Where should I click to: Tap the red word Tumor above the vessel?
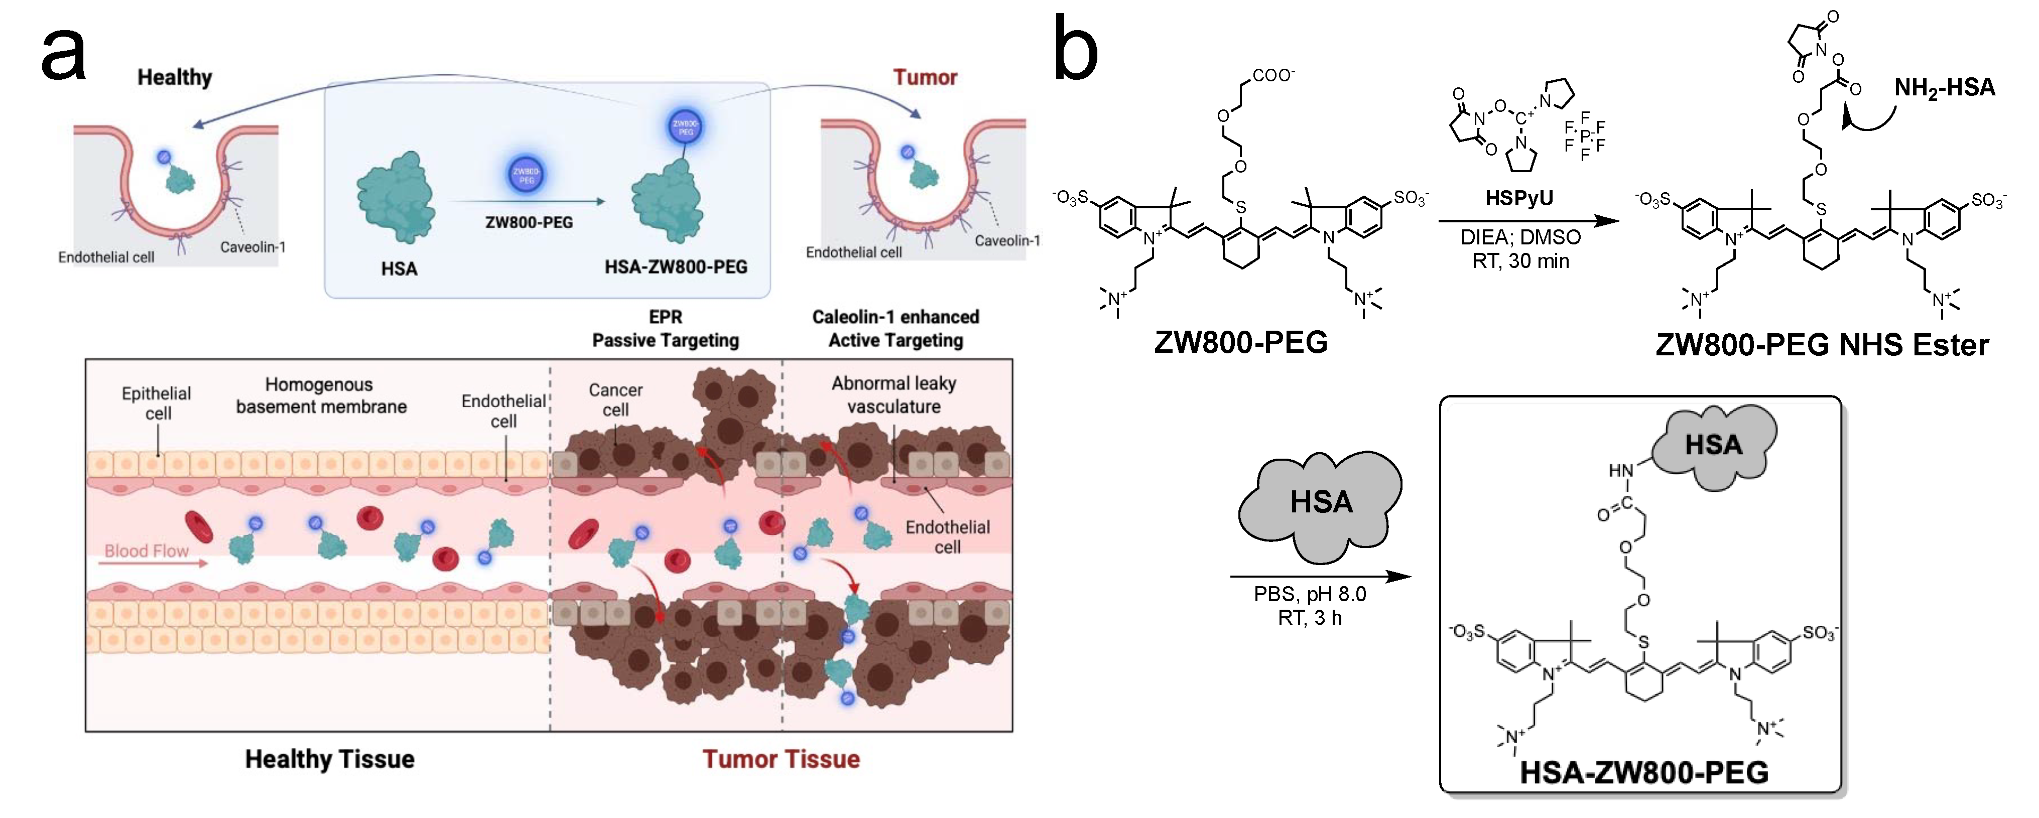tap(925, 77)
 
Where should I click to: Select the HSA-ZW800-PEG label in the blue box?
tap(675, 267)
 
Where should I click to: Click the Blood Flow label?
tap(147, 551)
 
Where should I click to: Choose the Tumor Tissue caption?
tap(781, 759)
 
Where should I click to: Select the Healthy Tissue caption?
tap(329, 759)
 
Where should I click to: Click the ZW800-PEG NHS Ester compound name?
tap(1821, 345)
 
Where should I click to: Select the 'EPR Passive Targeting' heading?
tap(665, 328)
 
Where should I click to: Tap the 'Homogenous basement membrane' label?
tap(321, 395)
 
